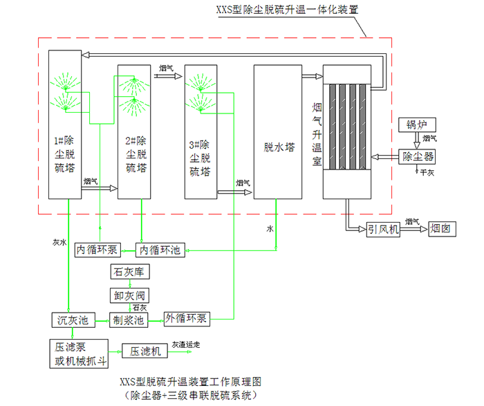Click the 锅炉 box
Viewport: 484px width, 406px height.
point(417,125)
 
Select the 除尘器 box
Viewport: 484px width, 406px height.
point(417,157)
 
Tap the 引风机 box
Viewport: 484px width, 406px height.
point(383,229)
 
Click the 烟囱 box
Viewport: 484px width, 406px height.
point(443,229)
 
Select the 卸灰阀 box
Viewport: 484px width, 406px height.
point(127,295)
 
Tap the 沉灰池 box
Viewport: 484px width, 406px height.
point(72,320)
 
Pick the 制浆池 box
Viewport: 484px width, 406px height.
point(129,320)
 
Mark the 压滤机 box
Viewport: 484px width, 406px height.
point(146,351)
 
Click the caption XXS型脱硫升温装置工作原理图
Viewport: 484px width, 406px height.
point(191,382)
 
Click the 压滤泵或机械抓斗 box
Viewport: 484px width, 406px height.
point(80,352)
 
